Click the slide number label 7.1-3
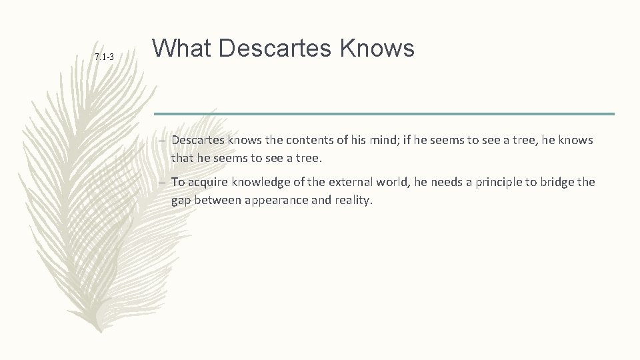(x=104, y=57)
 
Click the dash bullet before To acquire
(x=163, y=182)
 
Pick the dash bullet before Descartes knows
(x=163, y=141)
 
